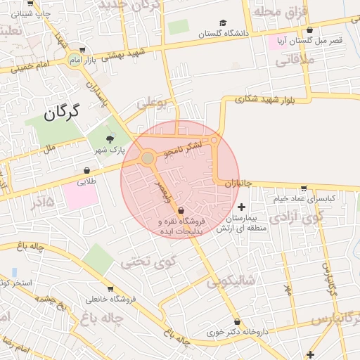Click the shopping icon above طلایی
86,170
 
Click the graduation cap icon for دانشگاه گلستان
223,22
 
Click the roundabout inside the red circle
148,159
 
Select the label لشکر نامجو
183,147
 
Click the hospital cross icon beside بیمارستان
243,207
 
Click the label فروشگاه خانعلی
110,300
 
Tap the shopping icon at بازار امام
82,50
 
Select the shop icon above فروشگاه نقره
181,210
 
